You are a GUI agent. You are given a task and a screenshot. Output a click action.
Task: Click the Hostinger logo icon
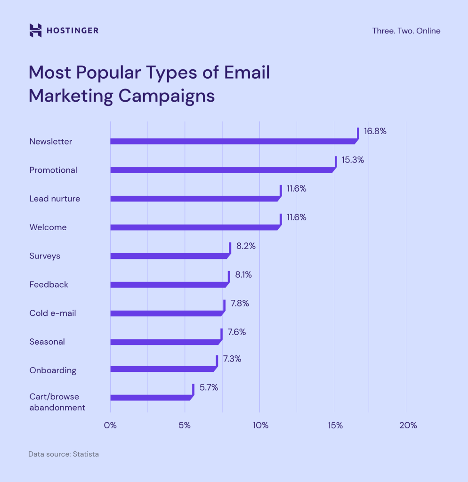[x=35, y=30]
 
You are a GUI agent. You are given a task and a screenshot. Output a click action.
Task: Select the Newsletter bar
[x=233, y=141]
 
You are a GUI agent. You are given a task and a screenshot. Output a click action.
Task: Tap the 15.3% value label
[x=353, y=160]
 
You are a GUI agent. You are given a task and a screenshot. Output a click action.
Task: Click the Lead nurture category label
[x=55, y=199]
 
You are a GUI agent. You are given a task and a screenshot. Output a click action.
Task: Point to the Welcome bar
[x=194, y=227]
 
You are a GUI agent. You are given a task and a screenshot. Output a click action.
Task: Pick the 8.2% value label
[x=246, y=246]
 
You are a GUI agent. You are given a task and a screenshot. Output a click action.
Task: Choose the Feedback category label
[x=48, y=284]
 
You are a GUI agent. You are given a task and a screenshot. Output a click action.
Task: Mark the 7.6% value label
[x=236, y=332]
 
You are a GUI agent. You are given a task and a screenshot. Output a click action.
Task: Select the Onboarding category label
[x=53, y=370]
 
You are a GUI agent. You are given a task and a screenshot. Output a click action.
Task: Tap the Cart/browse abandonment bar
[x=151, y=397]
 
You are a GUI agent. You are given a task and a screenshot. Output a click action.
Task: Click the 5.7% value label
[x=209, y=388]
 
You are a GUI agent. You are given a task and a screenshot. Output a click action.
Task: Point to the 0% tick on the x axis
[x=110, y=426]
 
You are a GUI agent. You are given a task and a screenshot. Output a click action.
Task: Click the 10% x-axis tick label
[x=260, y=426]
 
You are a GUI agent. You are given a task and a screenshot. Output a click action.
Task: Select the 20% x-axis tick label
[x=408, y=426]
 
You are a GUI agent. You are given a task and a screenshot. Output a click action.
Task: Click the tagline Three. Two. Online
[x=406, y=31]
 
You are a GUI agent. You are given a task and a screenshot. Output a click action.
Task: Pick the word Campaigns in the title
[x=167, y=96]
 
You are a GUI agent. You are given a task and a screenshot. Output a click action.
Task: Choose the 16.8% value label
[x=375, y=131]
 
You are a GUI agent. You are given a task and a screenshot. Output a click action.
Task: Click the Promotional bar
[x=222, y=170]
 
